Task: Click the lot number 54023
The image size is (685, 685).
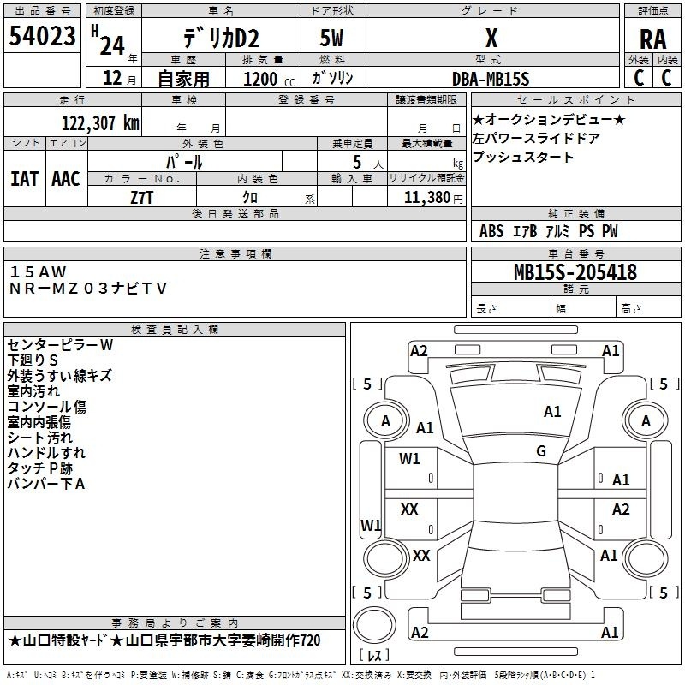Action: coord(42,36)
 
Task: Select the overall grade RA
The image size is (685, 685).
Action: coord(652,39)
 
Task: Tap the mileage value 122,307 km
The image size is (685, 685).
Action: coord(100,123)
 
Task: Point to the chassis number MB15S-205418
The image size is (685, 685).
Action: coord(575,272)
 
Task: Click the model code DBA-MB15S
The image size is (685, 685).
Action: coord(491,79)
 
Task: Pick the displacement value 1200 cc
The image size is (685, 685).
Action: coord(269,80)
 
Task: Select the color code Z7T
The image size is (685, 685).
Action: coord(142,198)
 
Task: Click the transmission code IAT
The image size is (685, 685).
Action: coord(25,179)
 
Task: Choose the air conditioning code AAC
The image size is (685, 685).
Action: coord(66,179)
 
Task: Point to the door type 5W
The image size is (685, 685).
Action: coord(331,38)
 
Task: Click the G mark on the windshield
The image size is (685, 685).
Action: coord(541,451)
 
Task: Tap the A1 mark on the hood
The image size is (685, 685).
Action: coord(552,412)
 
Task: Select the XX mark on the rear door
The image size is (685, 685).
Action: coord(409,509)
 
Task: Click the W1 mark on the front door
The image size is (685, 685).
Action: coord(409,459)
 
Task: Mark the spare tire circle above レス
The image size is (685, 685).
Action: coord(374,625)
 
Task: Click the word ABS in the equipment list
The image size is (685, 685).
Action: coord(491,231)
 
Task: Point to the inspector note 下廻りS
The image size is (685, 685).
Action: coord(33,360)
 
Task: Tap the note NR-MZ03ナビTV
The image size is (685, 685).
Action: coord(88,289)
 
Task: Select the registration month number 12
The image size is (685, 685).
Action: coord(112,78)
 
